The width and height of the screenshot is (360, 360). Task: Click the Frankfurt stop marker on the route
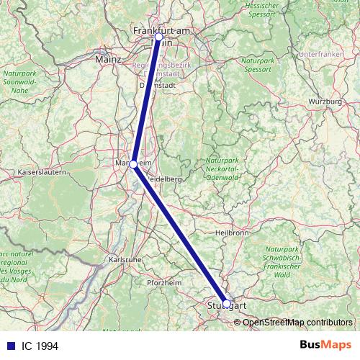pyautogui.click(x=158, y=36)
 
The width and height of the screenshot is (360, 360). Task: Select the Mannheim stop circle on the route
pyautogui.click(x=133, y=164)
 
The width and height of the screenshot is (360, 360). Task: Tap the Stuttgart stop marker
pyautogui.click(x=226, y=304)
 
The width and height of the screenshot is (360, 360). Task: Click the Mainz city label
pyautogui.click(x=107, y=60)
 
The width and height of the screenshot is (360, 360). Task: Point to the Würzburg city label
pyautogui.click(x=325, y=102)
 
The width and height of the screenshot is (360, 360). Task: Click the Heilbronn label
pyautogui.click(x=232, y=233)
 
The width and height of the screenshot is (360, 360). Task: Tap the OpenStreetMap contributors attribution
pyautogui.click(x=292, y=322)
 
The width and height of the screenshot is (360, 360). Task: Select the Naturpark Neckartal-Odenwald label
pyautogui.click(x=226, y=169)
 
